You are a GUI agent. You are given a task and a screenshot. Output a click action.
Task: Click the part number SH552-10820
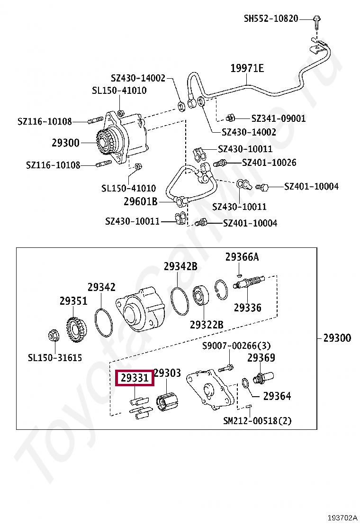[x=271, y=18]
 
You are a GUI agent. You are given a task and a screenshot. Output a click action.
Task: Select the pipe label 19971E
[x=247, y=68]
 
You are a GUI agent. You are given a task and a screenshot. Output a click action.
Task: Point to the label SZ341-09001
[x=278, y=118]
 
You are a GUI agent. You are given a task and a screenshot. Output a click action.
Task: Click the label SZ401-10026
[x=269, y=163]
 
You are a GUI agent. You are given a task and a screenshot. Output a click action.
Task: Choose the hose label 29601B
[x=140, y=201]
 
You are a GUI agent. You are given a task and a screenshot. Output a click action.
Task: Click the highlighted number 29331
[x=135, y=378]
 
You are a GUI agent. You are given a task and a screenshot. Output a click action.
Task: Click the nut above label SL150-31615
[x=53, y=336]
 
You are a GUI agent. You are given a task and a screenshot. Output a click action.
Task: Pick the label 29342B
[x=180, y=266]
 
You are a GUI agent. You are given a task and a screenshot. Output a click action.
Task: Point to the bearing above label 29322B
[x=202, y=297]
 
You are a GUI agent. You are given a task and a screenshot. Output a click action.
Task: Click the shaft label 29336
[x=247, y=308]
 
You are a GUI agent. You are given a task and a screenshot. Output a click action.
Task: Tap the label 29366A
[x=242, y=257]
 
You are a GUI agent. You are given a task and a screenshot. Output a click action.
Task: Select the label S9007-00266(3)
[x=236, y=346]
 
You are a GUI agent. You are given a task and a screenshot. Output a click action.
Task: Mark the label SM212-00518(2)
[x=257, y=420]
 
